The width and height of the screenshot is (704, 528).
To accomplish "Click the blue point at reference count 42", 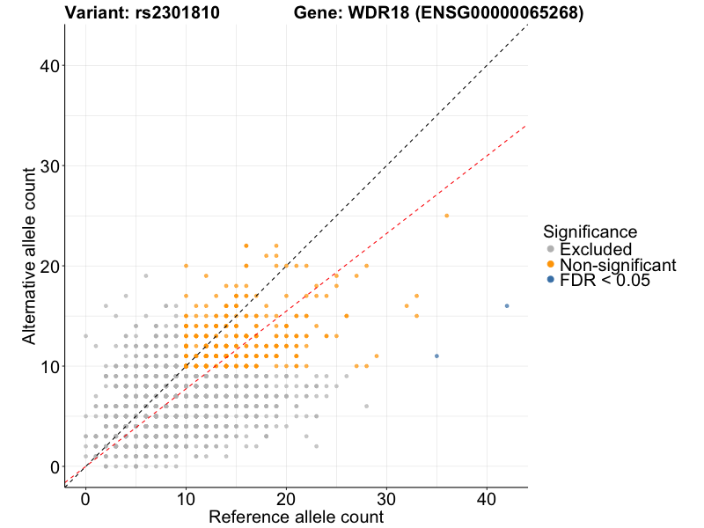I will [x=507, y=306].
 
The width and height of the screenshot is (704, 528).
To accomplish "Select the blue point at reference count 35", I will [x=436, y=356].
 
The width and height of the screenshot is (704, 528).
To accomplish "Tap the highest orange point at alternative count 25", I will [x=447, y=216].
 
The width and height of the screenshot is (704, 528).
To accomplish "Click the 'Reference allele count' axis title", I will [x=296, y=517].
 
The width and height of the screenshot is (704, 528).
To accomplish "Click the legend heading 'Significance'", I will [x=590, y=232].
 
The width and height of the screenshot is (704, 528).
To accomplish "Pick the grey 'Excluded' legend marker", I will [x=551, y=249].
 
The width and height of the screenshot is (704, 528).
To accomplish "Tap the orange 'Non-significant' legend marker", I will [x=551, y=264].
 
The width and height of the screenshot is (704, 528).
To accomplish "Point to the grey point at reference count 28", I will [x=366, y=407].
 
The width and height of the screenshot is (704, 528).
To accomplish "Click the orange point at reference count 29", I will [x=377, y=356].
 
